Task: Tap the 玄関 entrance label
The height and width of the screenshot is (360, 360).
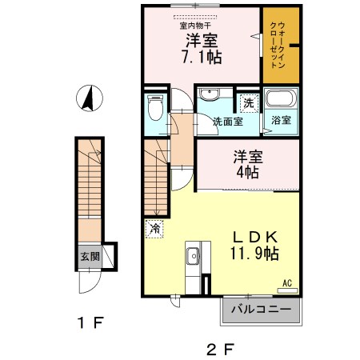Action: click(x=90, y=257)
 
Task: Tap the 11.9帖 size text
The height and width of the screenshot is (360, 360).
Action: click(x=255, y=254)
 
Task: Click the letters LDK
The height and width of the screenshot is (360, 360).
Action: click(x=254, y=237)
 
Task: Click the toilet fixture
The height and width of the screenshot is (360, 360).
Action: click(x=155, y=106)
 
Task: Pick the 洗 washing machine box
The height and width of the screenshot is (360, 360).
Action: click(x=249, y=103)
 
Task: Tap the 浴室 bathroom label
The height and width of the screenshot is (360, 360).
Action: click(x=281, y=121)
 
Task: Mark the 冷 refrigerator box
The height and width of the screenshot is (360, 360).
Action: click(x=154, y=228)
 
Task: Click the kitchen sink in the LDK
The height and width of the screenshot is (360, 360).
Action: click(x=192, y=257)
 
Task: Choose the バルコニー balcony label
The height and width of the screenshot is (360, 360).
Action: click(x=261, y=309)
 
